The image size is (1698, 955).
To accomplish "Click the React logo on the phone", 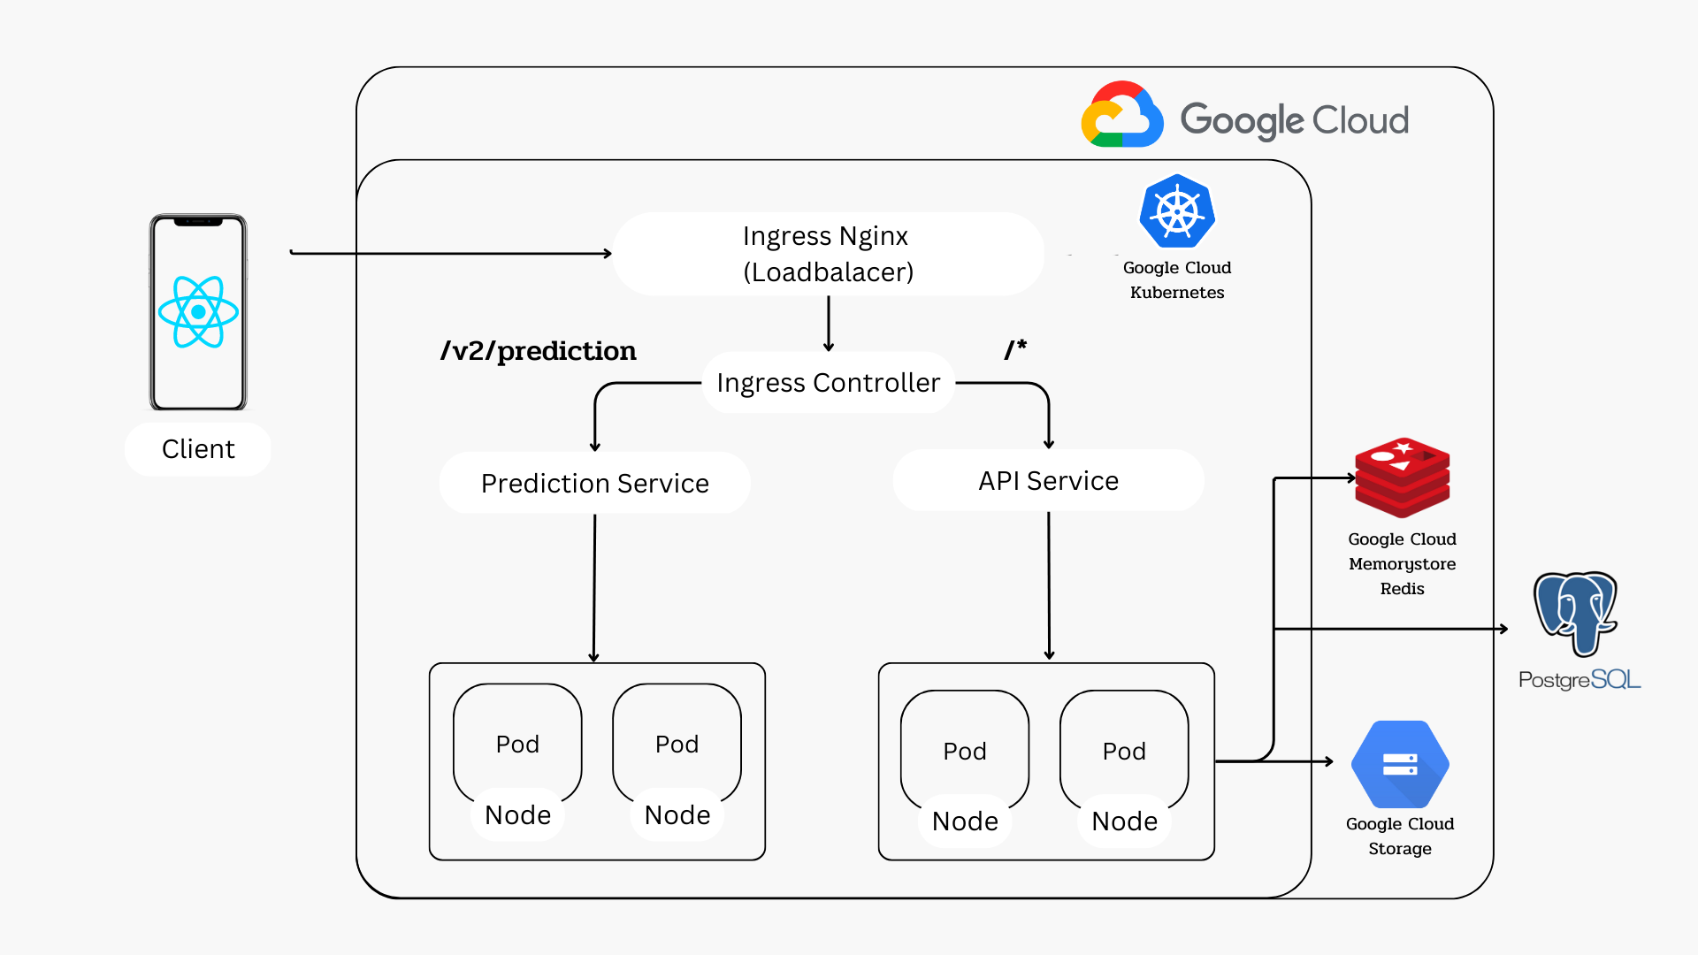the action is click(x=198, y=311).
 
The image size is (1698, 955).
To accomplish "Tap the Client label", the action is click(x=198, y=449).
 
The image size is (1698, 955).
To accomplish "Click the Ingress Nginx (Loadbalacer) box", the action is click(x=829, y=254).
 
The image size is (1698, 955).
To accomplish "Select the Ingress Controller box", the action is click(x=829, y=383).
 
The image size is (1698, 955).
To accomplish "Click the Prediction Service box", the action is click(x=595, y=483).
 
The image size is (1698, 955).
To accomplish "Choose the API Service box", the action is click(x=1049, y=480).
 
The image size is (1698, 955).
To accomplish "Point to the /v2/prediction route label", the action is click(x=539, y=351).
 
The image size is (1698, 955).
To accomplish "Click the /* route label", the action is click(x=1015, y=348).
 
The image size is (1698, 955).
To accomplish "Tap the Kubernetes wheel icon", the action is click(x=1177, y=211).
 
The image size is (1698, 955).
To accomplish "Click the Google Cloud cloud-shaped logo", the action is click(x=1122, y=114).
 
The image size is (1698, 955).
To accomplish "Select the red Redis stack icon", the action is click(x=1403, y=477).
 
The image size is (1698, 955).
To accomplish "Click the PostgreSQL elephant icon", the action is click(x=1575, y=614).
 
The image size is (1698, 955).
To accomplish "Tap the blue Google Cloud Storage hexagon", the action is click(x=1400, y=764).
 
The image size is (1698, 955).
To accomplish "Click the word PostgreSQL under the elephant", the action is click(x=1579, y=680).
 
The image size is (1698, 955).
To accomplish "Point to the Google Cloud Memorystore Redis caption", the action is click(x=1403, y=563).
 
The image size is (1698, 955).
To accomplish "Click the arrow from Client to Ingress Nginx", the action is click(x=451, y=253).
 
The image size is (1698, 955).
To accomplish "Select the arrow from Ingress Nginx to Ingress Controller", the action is click(x=829, y=324).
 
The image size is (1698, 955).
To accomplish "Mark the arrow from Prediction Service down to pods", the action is click(x=594, y=588).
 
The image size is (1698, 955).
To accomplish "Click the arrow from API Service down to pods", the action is click(x=1049, y=585).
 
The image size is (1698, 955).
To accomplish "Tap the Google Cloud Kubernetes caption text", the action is click(x=1177, y=279).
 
